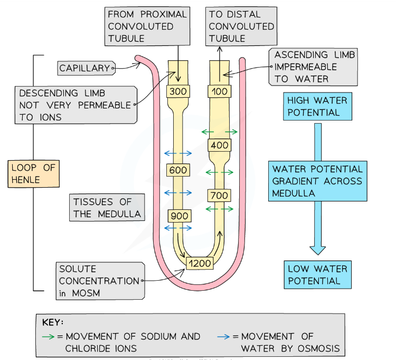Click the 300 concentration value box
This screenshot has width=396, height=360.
[x=178, y=91]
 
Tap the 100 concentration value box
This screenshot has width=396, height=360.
[x=219, y=91]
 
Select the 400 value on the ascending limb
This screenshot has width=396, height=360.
[x=219, y=145]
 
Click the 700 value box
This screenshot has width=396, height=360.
[x=219, y=196]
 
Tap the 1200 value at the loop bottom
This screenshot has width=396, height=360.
[x=200, y=263]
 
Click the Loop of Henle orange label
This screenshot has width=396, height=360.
[x=32, y=174]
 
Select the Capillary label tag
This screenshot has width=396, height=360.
[x=84, y=68]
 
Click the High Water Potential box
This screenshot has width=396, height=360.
[x=317, y=106]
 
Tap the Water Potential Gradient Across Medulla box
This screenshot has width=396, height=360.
[x=317, y=181]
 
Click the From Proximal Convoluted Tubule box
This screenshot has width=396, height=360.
[x=147, y=26]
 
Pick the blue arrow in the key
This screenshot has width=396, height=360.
[x=224, y=337]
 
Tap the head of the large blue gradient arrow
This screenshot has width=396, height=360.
[x=317, y=248]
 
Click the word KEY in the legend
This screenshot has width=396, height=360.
[x=54, y=321]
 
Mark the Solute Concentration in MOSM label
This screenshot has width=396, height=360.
[x=98, y=281]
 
